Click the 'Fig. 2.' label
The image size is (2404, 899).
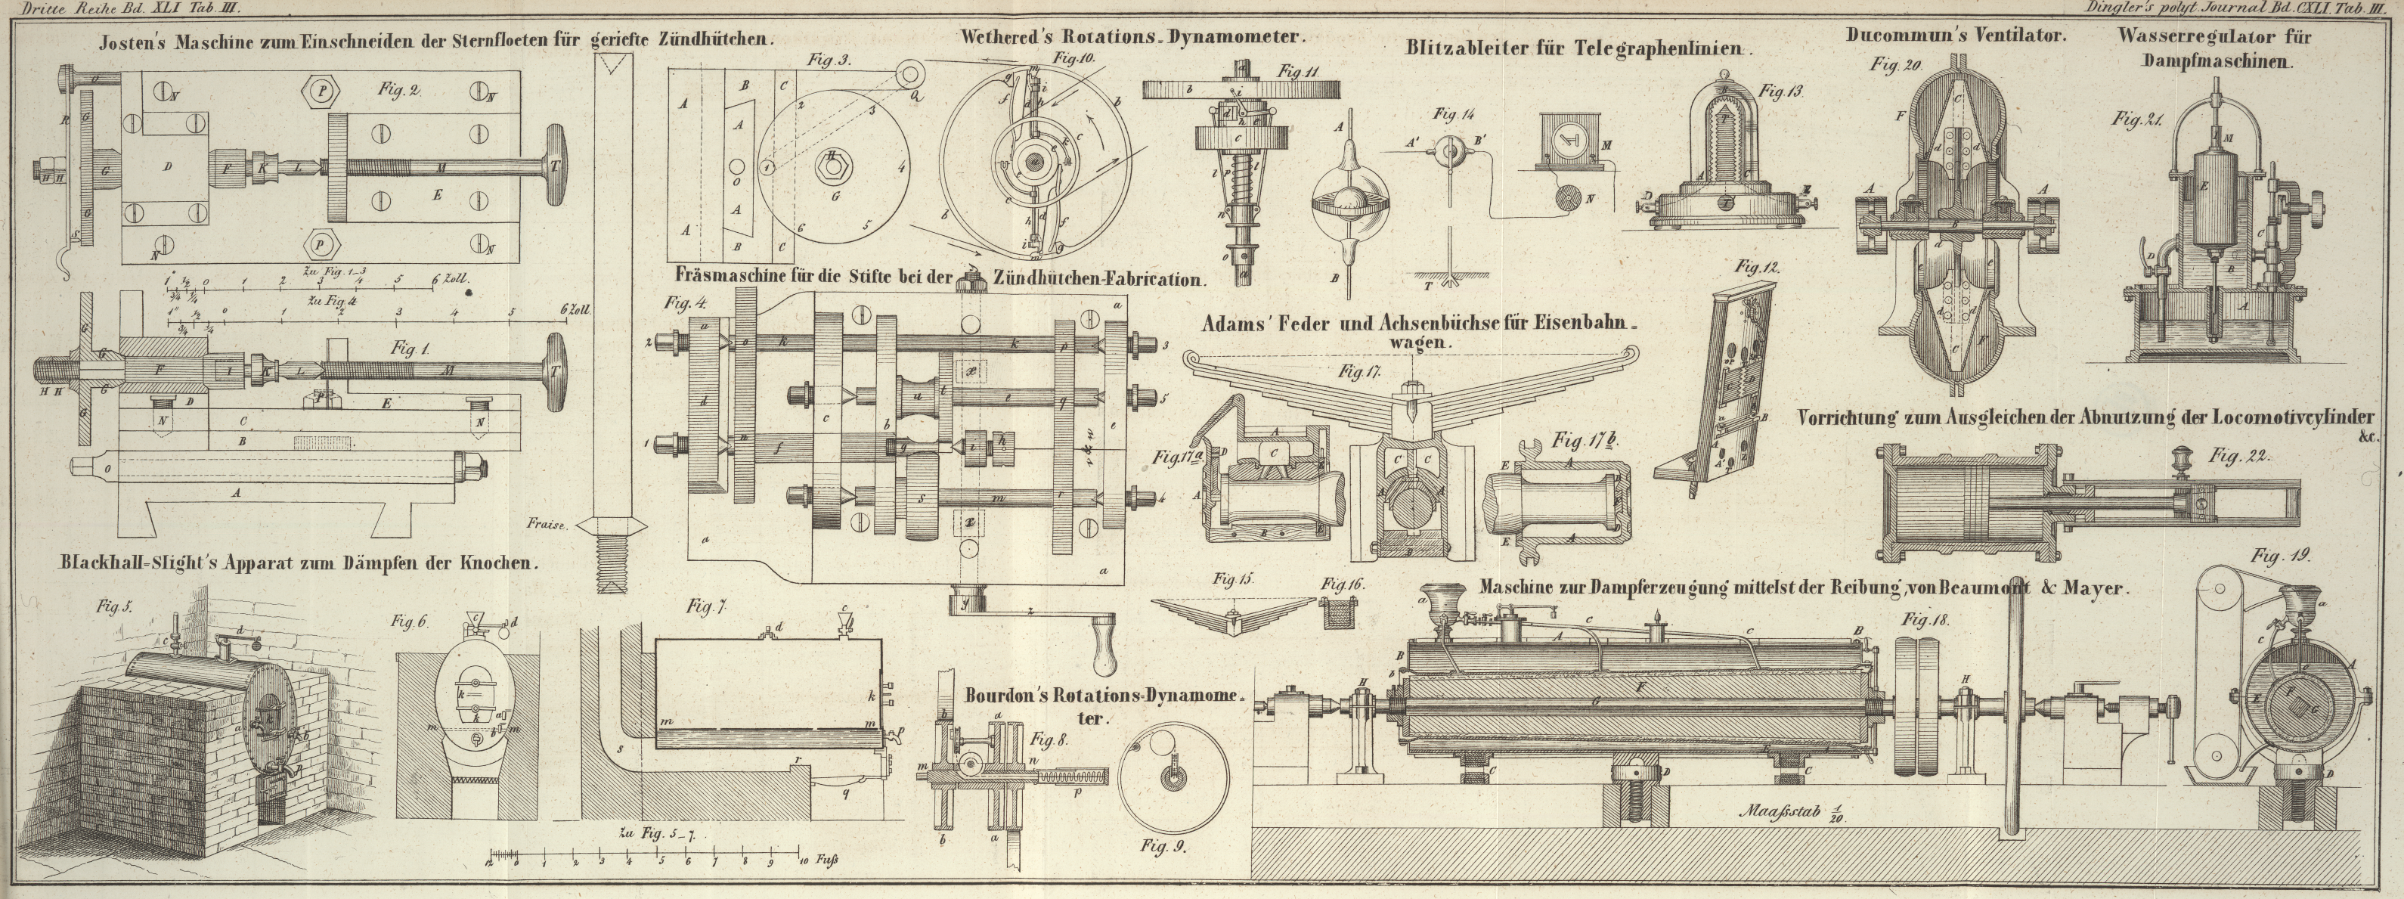point(399,91)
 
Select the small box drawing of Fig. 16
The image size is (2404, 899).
point(1339,614)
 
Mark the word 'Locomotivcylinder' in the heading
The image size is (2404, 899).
point(2286,418)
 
